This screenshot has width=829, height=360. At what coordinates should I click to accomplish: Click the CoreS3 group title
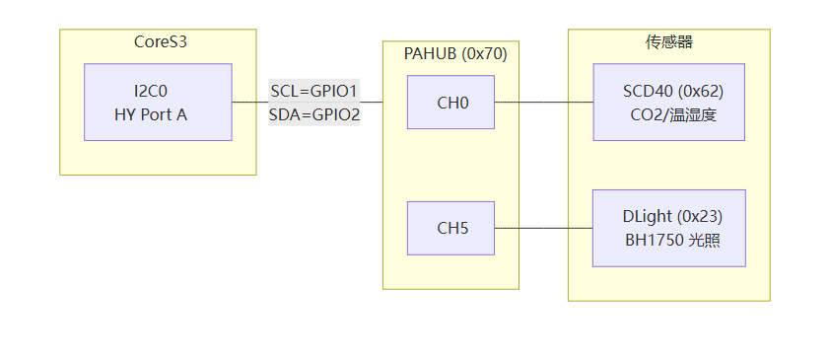tap(161, 42)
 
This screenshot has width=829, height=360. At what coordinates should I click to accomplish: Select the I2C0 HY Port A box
tap(158, 102)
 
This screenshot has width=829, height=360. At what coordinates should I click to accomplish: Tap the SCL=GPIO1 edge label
tap(314, 91)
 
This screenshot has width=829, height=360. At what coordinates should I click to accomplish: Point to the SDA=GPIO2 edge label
tap(314, 114)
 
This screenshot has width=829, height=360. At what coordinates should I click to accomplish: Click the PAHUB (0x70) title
tap(455, 54)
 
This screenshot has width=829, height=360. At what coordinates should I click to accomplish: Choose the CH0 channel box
tap(451, 102)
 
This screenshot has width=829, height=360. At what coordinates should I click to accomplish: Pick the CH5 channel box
tap(451, 228)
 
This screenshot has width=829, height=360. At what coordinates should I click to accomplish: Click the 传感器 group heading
tap(668, 42)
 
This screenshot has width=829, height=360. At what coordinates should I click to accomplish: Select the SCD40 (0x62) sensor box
tap(668, 102)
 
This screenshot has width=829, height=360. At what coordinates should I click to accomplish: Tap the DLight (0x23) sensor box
tap(668, 228)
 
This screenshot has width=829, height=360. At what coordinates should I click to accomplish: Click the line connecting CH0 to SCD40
tap(544, 102)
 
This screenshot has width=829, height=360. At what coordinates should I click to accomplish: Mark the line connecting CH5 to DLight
tap(543, 228)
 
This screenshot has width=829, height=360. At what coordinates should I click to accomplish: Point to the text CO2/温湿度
tap(673, 114)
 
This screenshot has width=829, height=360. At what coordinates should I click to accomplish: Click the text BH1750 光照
tap(672, 241)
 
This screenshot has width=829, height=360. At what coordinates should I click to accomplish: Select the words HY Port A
tap(151, 114)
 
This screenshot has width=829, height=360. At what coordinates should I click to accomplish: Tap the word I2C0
tap(151, 92)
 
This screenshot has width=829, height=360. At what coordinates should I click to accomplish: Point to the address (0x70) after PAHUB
tap(484, 54)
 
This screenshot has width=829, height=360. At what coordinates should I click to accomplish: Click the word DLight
tap(647, 216)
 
